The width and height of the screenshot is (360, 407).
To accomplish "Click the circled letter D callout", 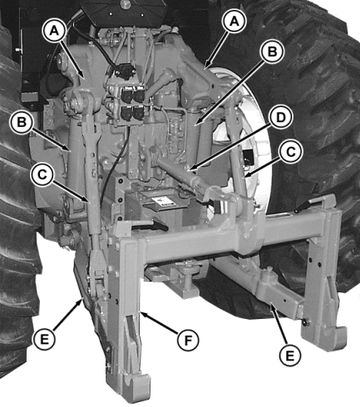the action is (281, 117).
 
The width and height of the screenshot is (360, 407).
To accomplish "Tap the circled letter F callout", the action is (188, 341).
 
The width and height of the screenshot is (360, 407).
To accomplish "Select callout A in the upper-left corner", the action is (54, 32).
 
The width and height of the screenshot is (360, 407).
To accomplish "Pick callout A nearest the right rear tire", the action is (234, 22).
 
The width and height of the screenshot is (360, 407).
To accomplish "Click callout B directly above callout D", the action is (272, 52).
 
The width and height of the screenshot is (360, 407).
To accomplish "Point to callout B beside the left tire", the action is (22, 122).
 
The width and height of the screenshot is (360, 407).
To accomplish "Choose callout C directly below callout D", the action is (291, 152).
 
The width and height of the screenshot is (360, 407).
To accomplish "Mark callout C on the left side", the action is (42, 174).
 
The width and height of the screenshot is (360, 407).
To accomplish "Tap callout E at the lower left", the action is (44, 339).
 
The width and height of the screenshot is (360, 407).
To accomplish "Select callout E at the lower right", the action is (289, 356).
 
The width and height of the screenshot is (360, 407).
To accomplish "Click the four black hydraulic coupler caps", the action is (132, 104).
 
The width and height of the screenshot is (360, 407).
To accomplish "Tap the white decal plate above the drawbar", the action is (164, 202).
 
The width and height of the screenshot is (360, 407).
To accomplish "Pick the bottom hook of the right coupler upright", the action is (325, 338).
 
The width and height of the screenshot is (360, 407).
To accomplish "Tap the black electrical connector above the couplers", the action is (125, 70).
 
